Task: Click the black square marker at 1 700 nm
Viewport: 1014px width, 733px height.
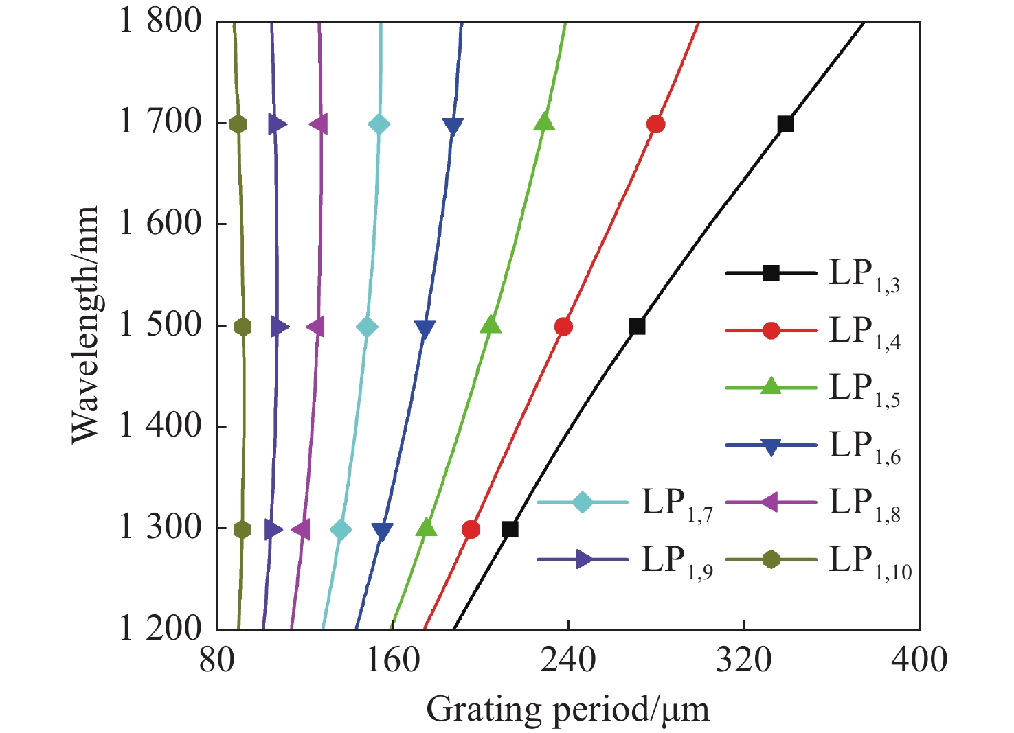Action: coord(785,124)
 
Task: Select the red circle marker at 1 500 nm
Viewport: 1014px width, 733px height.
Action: coord(563,327)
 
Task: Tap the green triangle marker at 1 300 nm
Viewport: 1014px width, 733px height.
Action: coord(427,528)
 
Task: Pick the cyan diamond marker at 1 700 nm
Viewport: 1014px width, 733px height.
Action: coord(379,124)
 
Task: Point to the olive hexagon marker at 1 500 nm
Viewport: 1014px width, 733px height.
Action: coord(243,327)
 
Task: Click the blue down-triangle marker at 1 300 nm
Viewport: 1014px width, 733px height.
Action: coord(383,531)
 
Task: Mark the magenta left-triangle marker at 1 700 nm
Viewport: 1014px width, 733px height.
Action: coord(319,124)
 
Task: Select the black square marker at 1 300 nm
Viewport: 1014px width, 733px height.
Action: coord(510,529)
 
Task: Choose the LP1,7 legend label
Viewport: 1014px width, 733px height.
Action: coord(677,504)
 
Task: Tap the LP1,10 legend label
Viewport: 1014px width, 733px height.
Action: coord(870,561)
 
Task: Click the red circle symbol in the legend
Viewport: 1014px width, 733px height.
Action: coord(771,331)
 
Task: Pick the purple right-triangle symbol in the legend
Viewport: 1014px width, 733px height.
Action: coord(583,559)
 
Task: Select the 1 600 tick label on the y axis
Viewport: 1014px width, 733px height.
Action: coord(161,224)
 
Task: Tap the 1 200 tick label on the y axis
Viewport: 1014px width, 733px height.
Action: coord(161,629)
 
